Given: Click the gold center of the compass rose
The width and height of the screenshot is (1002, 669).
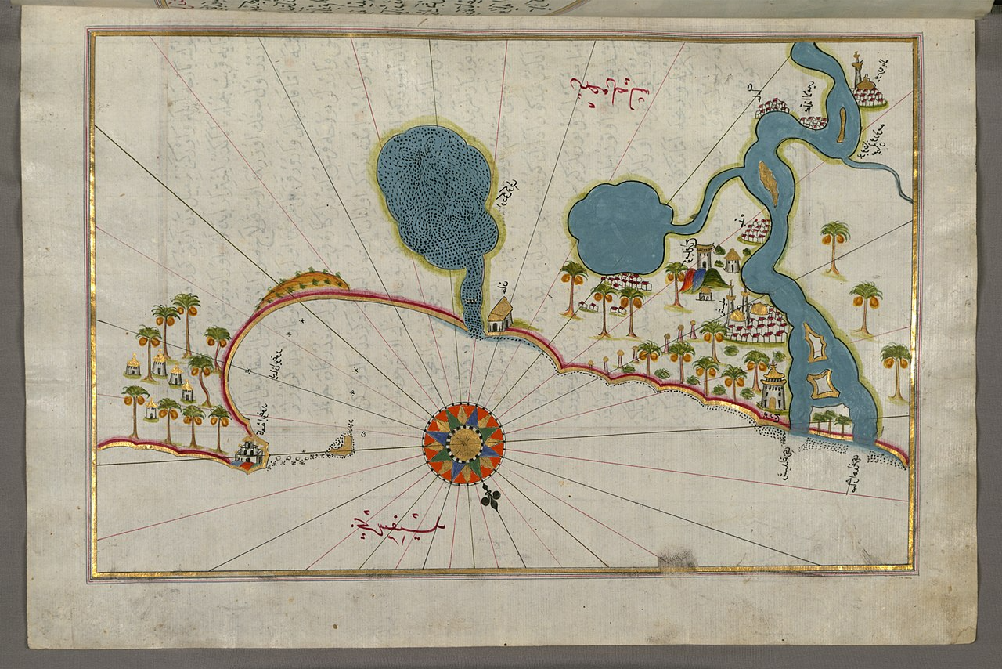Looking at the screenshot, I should (x=463, y=444).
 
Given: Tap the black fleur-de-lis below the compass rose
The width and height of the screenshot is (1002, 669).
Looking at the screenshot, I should (x=491, y=498).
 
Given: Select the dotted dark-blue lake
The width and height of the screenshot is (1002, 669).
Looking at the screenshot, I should (x=437, y=196).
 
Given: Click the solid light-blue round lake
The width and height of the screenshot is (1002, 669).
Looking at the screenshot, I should (x=618, y=227).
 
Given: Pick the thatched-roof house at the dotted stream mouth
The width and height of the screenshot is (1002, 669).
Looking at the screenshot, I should (x=499, y=315).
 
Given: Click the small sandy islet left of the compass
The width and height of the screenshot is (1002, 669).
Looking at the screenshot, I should (x=342, y=445).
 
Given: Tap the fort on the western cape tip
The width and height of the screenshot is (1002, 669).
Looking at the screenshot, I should (x=250, y=453).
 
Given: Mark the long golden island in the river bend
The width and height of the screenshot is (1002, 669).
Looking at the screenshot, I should (x=770, y=183).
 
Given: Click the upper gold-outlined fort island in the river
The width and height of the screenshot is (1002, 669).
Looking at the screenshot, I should (x=816, y=343).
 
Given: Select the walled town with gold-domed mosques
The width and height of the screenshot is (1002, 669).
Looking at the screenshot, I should (x=755, y=321).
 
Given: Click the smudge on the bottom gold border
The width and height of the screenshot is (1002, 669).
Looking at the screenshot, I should (x=677, y=559).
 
